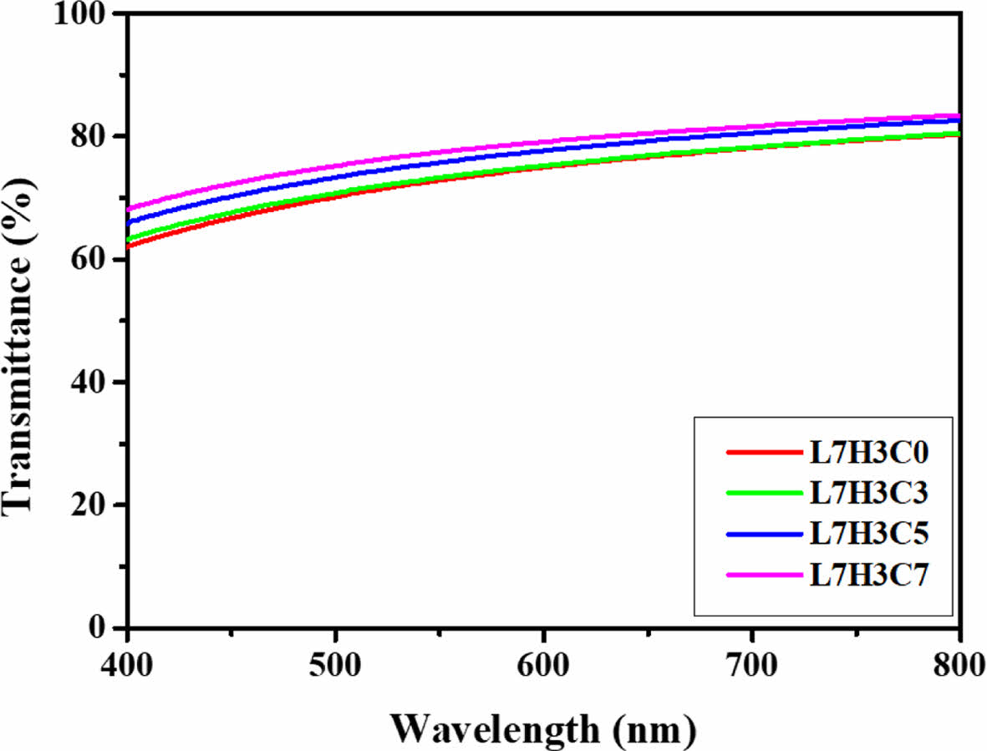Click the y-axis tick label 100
[85, 16]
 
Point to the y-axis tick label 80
[94, 136]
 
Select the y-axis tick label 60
[94, 259]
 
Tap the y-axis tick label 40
[94, 382]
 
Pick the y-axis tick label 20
[94, 505]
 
